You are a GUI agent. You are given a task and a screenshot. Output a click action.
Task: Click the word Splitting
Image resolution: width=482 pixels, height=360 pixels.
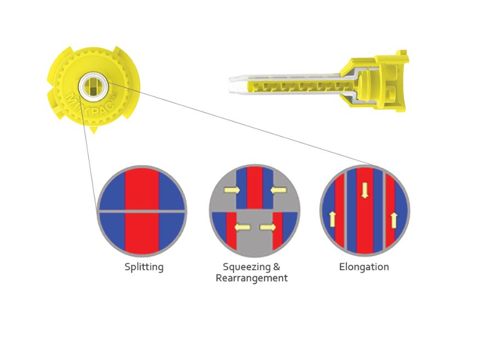144,267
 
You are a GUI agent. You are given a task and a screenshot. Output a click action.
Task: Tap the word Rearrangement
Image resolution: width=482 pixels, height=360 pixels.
252,278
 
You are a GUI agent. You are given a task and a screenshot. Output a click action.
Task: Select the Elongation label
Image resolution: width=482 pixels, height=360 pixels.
364,267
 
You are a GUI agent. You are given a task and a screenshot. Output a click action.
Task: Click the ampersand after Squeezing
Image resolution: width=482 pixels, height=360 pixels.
276,267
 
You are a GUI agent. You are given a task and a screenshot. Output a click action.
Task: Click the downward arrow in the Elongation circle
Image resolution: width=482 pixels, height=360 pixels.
365,191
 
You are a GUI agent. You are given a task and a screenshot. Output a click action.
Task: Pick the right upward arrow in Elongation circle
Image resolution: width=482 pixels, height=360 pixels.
394,220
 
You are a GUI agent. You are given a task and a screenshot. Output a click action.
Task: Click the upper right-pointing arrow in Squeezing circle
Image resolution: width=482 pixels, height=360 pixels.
232,190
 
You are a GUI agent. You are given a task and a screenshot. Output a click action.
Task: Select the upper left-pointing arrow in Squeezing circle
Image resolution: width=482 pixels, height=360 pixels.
279,190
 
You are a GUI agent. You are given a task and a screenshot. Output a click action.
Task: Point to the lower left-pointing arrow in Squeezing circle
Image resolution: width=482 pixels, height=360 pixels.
242,227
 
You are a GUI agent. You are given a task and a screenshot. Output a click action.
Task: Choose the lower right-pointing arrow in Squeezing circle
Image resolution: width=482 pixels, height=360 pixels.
268,227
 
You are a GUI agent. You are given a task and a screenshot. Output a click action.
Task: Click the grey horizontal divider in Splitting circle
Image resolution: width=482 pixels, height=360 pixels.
141,212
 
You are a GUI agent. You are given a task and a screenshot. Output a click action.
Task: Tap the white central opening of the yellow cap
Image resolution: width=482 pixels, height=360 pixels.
93,87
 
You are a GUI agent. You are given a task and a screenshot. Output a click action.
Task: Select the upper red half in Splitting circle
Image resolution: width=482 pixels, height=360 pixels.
141,189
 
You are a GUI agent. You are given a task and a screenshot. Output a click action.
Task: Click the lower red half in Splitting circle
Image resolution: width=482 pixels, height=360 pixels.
141,233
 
